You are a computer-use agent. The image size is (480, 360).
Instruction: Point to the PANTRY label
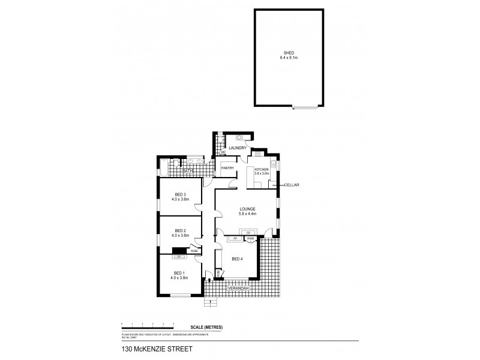pyautogui.click(x=227, y=168)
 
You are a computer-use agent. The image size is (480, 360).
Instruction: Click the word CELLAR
pyautogui.click(x=292, y=185)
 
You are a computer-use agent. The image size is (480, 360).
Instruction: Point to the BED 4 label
pyautogui.click(x=238, y=259)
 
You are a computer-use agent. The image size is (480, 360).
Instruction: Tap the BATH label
pyautogui.click(x=188, y=171)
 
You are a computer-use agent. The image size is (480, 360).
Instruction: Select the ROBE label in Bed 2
pyautogui.click(x=194, y=251)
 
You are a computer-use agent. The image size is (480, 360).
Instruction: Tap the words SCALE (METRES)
pyautogui.click(x=206, y=326)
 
